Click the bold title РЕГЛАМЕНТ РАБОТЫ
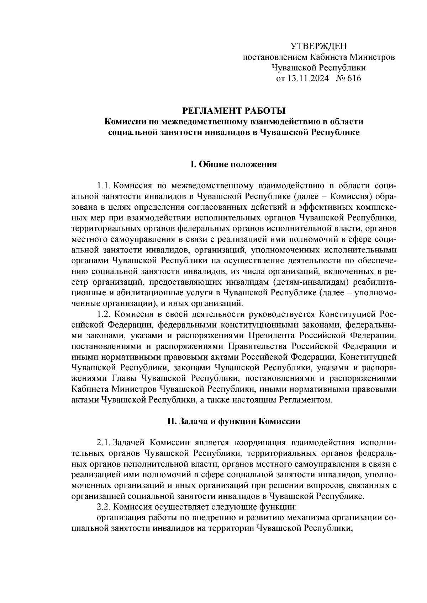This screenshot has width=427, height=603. tap(234, 111)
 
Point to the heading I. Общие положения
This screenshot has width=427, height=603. tap(234, 165)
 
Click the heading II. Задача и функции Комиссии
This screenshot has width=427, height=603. tap(234, 421)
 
